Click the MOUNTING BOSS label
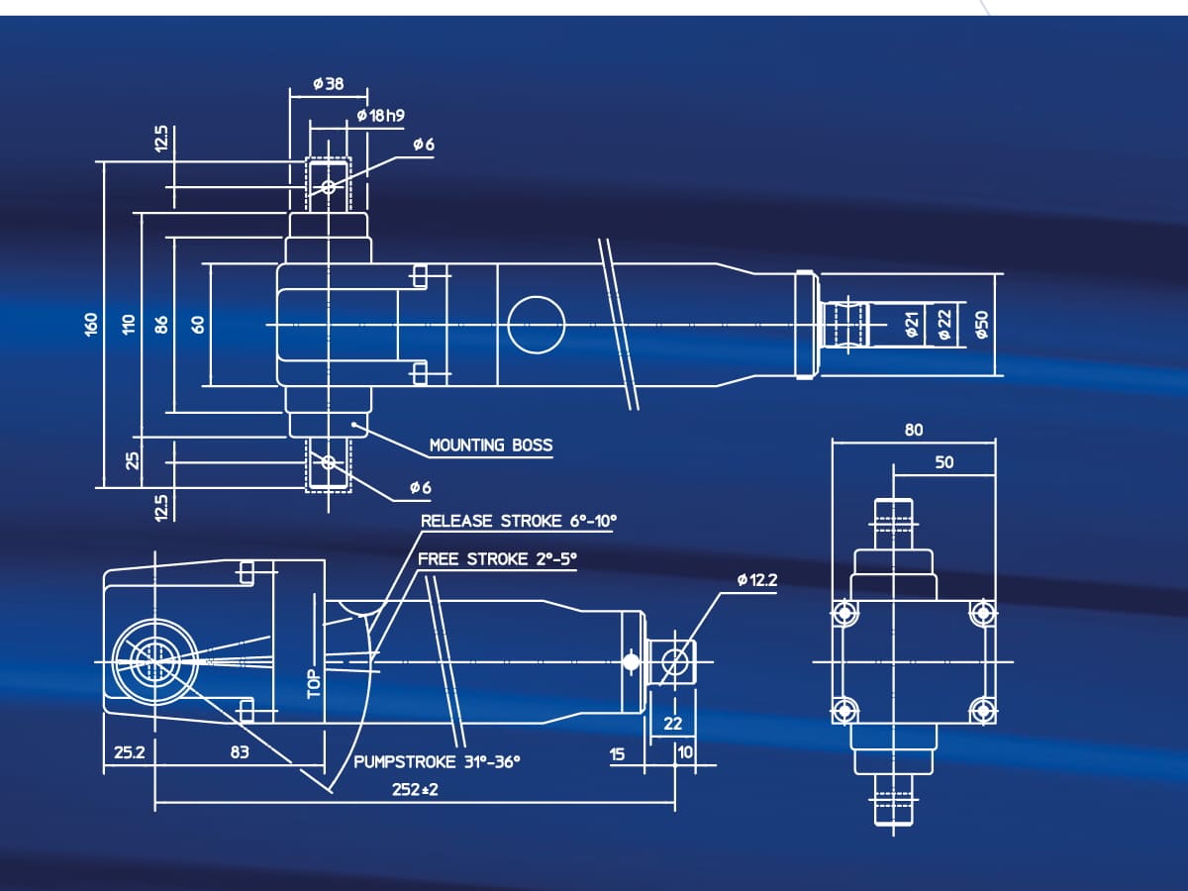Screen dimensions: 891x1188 pos(491,445)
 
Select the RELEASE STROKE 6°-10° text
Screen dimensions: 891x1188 pos(511,521)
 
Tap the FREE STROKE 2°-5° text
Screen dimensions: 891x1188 pos(497,559)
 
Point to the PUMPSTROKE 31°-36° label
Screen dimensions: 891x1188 pos(437,762)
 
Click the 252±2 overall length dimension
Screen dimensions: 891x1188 pos(414,791)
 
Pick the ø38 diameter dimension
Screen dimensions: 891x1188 pos(327,84)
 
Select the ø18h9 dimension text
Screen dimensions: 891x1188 pos(380,116)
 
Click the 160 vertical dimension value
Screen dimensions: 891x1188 pos(91,324)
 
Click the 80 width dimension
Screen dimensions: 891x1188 pos(913,430)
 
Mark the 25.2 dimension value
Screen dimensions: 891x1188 pos(129,752)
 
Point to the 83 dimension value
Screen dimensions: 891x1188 pos(240,752)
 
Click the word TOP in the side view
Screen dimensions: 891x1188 pos(315,682)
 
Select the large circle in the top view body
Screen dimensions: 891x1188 pos(536,324)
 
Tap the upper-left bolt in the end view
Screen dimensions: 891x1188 pos(843,611)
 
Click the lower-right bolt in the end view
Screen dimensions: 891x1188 pos(981,709)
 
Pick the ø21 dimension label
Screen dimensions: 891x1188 pos(913,324)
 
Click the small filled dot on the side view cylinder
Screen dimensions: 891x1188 pos(632,661)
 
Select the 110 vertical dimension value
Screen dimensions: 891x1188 pos(128,324)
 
